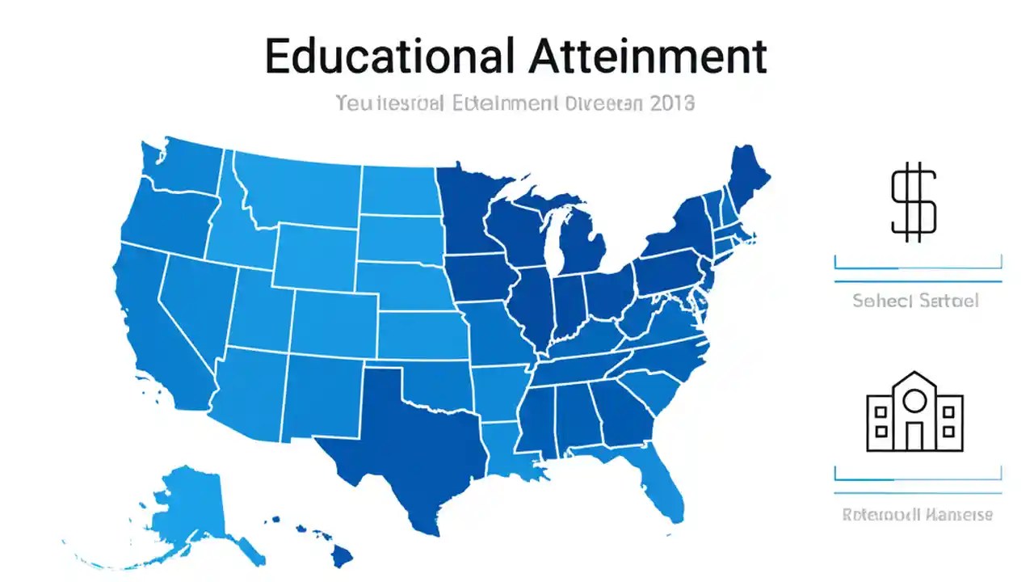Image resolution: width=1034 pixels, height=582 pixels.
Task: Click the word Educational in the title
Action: point(388,57)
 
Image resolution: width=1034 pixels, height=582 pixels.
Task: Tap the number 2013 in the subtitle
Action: point(671,103)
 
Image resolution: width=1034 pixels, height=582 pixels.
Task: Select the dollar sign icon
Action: point(914,202)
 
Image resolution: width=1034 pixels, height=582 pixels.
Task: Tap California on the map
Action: point(162,331)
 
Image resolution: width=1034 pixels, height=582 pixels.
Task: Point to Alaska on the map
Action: point(194,509)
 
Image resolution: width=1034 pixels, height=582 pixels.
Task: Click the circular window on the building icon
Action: point(914,399)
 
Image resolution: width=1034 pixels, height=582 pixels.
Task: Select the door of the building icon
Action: point(914,436)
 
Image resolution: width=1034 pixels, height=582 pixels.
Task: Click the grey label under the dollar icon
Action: point(915,301)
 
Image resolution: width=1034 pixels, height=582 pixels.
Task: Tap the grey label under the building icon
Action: point(917,514)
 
